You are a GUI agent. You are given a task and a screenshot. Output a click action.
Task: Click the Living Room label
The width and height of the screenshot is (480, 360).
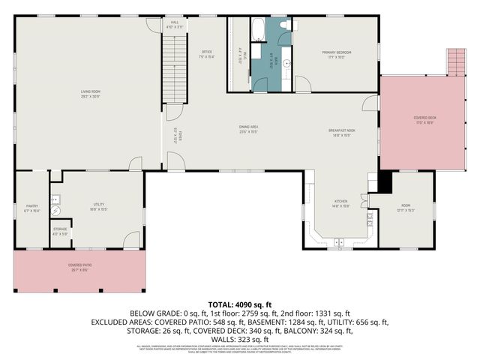tap(91, 94)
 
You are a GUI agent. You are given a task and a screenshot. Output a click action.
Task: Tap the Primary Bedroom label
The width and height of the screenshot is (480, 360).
tap(337, 53)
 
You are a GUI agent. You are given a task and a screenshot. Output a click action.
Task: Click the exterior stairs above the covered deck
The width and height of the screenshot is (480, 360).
tap(456, 61)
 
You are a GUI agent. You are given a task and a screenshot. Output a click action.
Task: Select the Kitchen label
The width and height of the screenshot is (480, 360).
tap(341, 202)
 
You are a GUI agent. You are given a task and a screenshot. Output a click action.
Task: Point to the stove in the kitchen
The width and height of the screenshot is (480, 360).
tap(369, 220)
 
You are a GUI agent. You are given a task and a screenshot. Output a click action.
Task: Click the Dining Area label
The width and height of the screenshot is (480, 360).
tap(248, 128)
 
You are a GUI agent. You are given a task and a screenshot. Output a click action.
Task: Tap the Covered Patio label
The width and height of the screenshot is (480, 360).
tap(79, 266)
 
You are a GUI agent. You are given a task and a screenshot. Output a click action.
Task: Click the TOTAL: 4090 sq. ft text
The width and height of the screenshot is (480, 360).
tap(240, 302)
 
